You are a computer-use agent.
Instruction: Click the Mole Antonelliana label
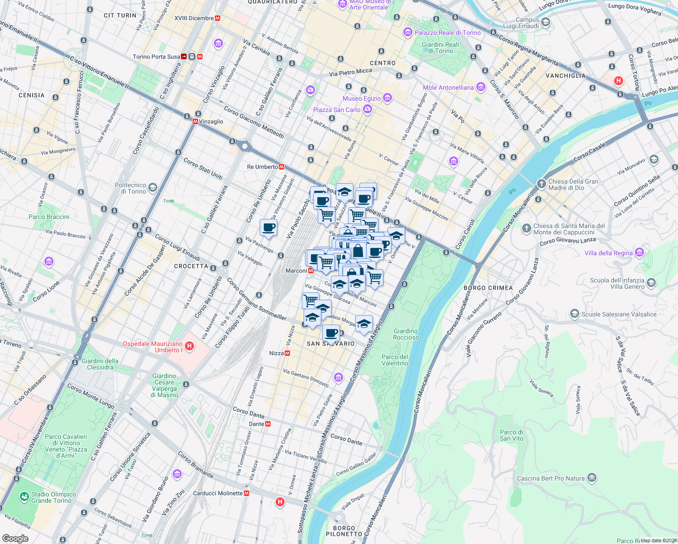[x=448, y=87]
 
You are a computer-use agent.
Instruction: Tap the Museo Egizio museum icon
[x=387, y=98]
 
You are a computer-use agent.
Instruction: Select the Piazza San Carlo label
[x=337, y=110]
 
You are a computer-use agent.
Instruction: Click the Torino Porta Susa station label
[x=156, y=57]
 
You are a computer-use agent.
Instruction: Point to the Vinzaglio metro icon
[x=195, y=121]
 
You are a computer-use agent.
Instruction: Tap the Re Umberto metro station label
[x=262, y=167]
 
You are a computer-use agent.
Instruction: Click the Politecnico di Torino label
[x=130, y=188]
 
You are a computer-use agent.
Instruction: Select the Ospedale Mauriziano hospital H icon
[x=190, y=347]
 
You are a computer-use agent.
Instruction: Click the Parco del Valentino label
[x=395, y=360]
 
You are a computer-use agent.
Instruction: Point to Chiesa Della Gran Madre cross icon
[x=541, y=184]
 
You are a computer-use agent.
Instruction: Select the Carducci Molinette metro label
[x=218, y=493]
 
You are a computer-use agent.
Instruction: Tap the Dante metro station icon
[x=268, y=424]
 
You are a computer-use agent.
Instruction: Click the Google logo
[x=15, y=538]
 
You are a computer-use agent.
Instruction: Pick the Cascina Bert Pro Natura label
[x=551, y=478]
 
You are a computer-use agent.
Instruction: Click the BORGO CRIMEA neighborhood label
[x=488, y=288]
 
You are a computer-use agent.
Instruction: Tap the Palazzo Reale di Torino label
[x=447, y=33]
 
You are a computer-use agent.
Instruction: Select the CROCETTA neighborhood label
[x=191, y=266]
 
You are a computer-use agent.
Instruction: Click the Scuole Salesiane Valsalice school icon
[x=574, y=314]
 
